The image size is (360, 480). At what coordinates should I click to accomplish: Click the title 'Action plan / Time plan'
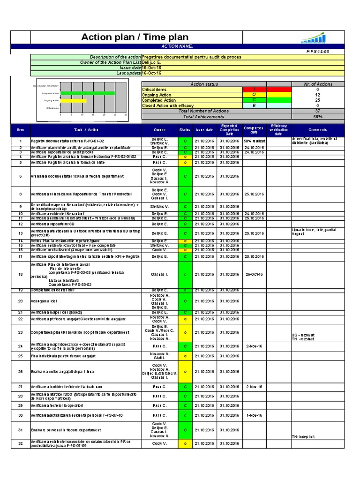click(x=135, y=37)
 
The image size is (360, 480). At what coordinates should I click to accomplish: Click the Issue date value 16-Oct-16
click(x=152, y=67)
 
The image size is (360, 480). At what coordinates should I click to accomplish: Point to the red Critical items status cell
click(x=254, y=90)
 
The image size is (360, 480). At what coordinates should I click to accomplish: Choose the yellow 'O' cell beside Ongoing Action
click(x=254, y=95)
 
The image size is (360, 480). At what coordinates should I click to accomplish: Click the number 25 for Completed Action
click(x=318, y=100)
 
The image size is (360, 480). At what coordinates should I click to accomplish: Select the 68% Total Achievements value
click(x=318, y=117)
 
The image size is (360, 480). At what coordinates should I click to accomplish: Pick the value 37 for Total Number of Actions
click(x=318, y=111)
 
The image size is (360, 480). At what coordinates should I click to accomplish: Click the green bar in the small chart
click(x=88, y=93)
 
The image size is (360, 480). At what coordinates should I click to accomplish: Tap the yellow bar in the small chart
click(x=74, y=101)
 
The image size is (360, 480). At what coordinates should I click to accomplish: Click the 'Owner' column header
click(x=160, y=130)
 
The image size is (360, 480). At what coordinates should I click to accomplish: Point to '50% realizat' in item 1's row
click(x=255, y=141)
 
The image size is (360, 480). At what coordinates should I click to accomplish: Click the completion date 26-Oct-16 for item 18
click(x=254, y=275)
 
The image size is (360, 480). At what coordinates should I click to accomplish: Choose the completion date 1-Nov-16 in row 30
click(x=254, y=415)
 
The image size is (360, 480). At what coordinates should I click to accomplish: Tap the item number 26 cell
click(x=20, y=372)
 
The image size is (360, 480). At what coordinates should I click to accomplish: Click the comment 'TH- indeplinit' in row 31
click(x=303, y=436)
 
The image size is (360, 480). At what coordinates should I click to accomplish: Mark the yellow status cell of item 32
click(x=185, y=443)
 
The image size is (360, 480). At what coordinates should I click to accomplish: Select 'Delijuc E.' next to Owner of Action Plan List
click(x=153, y=62)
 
